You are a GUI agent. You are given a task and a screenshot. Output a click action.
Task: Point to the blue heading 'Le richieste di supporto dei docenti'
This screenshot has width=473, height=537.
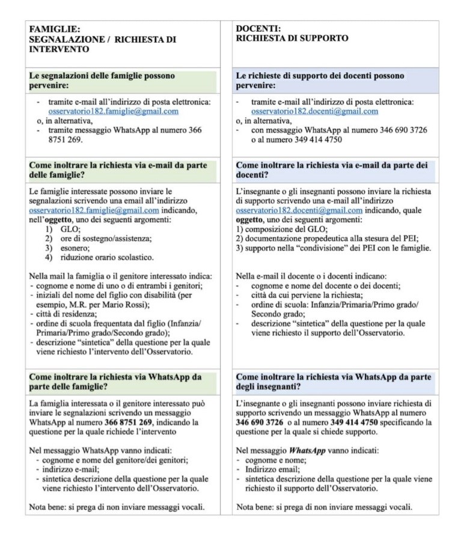pyautogui.click(x=320, y=81)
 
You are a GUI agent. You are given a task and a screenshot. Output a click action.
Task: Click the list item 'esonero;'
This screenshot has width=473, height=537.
pyautogui.click(x=72, y=248)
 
